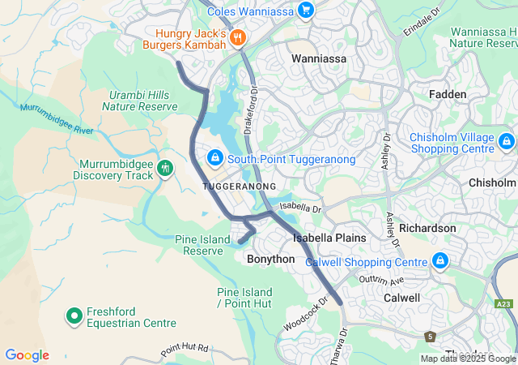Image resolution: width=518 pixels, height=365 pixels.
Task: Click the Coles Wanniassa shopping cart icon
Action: tap(305, 11)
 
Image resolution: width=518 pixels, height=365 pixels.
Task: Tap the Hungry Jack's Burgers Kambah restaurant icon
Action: tap(237, 36)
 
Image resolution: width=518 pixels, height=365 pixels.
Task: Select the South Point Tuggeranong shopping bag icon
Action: tap(215, 157)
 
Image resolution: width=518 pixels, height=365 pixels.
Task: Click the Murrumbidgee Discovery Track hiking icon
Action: tap(166, 168)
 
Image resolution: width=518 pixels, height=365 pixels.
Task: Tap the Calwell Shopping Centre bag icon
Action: tap(439, 261)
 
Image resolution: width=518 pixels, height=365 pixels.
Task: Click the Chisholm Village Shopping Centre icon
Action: tap(506, 142)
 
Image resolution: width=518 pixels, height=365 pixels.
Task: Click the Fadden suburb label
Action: tap(448, 95)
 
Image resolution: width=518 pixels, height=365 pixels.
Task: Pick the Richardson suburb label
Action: tap(427, 228)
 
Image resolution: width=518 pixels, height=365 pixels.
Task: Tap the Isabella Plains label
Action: tap(329, 238)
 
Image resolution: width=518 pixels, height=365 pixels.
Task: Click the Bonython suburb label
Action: tap(270, 259)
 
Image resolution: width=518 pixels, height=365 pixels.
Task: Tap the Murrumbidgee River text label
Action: tap(57, 118)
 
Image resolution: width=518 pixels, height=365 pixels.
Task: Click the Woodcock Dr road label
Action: tap(307, 313)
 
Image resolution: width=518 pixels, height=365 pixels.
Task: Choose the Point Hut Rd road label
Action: tap(184, 350)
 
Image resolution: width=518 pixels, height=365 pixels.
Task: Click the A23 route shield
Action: tap(504, 303)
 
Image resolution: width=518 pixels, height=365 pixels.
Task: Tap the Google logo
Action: tap(27, 355)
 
